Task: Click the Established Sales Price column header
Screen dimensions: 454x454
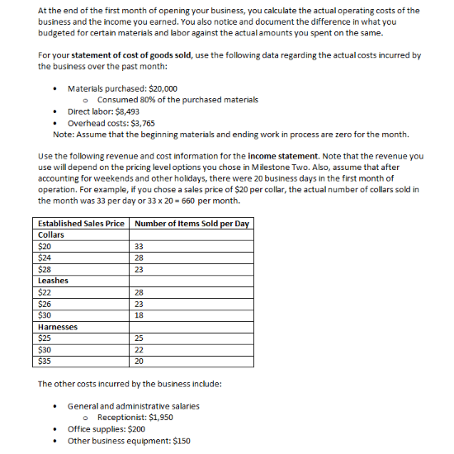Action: coord(82,224)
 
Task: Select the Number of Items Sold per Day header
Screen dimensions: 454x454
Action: coord(191,224)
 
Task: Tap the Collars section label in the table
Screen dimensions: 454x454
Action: coord(51,234)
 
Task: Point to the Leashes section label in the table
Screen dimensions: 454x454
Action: coord(53,281)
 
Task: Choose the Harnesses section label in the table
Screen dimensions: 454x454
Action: coord(58,327)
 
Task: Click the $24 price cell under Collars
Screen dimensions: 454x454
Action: coord(45,258)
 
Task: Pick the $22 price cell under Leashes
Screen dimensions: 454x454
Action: coord(45,292)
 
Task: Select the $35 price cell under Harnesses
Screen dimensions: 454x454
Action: coord(45,361)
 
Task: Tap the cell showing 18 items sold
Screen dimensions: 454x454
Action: coord(139,315)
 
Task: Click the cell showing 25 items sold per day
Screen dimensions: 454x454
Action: coord(139,338)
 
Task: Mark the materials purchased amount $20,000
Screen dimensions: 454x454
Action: coord(160,88)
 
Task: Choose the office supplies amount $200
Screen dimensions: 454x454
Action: coord(136,429)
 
